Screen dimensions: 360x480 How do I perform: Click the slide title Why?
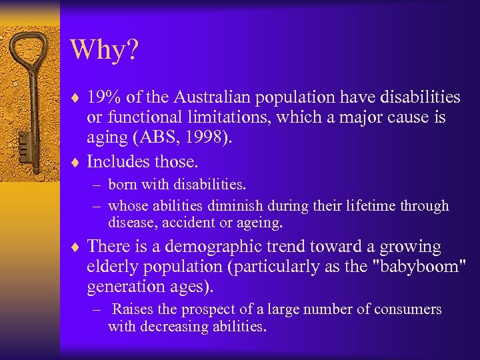coord(104,50)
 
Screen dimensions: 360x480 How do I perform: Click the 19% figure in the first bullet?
coord(104,98)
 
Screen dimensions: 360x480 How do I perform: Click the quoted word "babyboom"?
coord(418,266)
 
